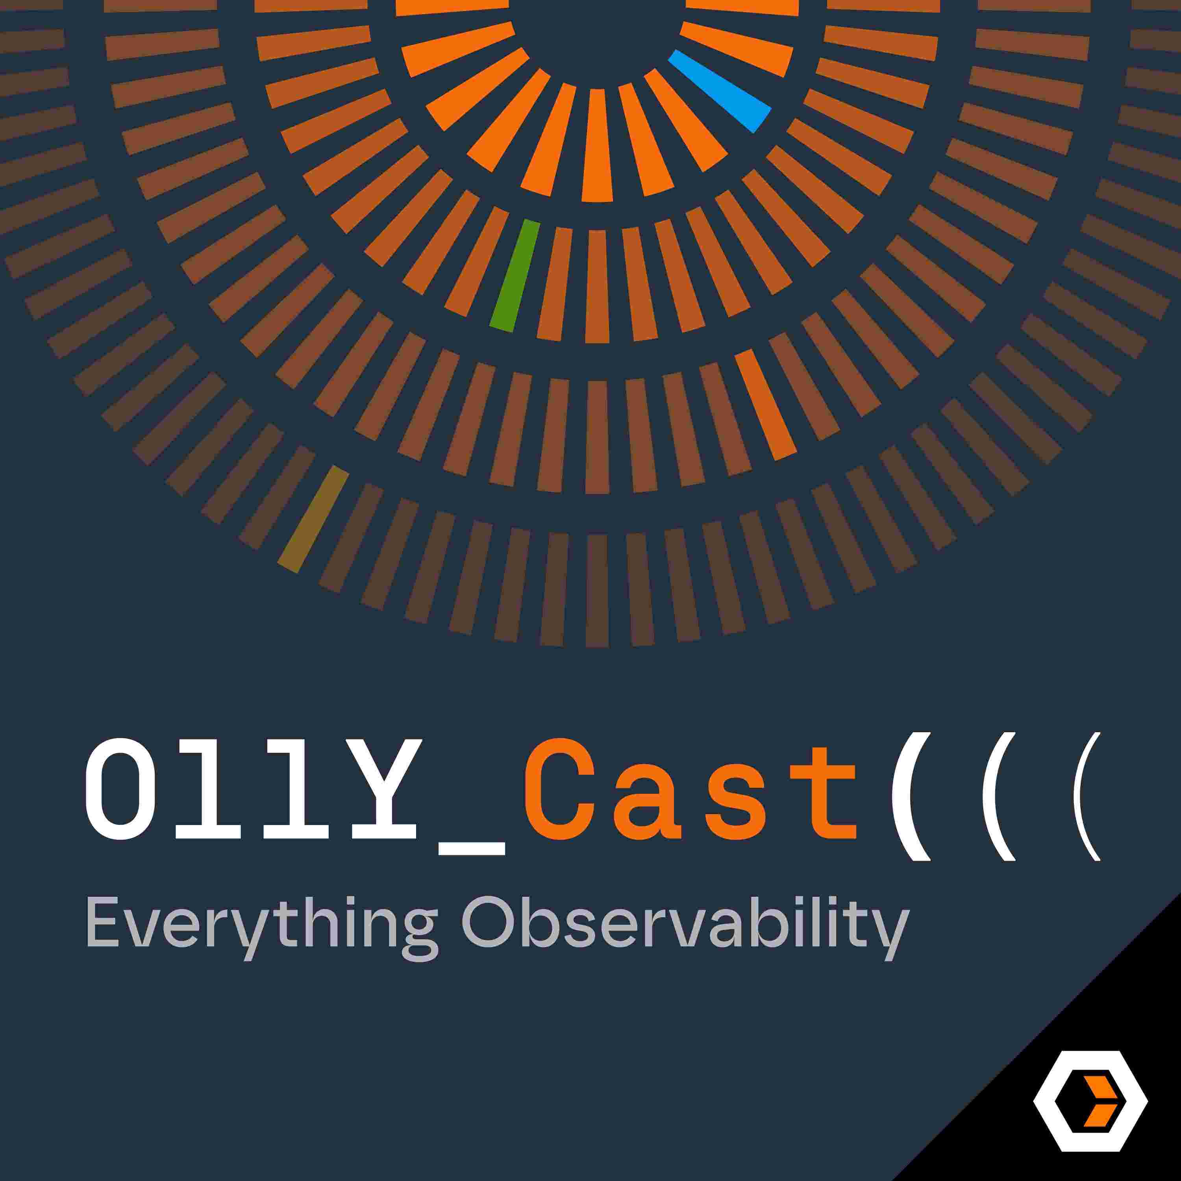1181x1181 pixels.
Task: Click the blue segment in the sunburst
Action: [720, 91]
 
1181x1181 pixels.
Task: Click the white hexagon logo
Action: [1090, 1101]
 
